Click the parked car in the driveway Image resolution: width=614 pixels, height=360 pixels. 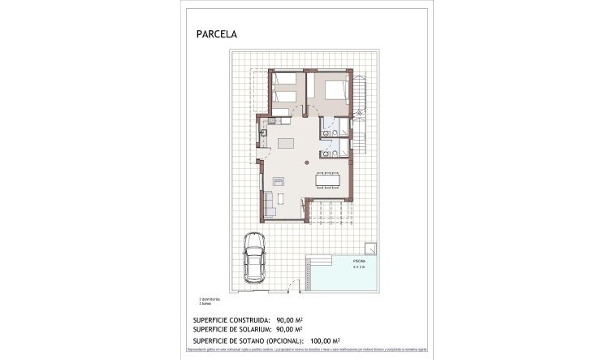point(253,256)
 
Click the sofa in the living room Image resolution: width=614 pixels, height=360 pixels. point(269,199)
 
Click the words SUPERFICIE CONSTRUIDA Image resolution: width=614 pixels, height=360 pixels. point(235,321)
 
